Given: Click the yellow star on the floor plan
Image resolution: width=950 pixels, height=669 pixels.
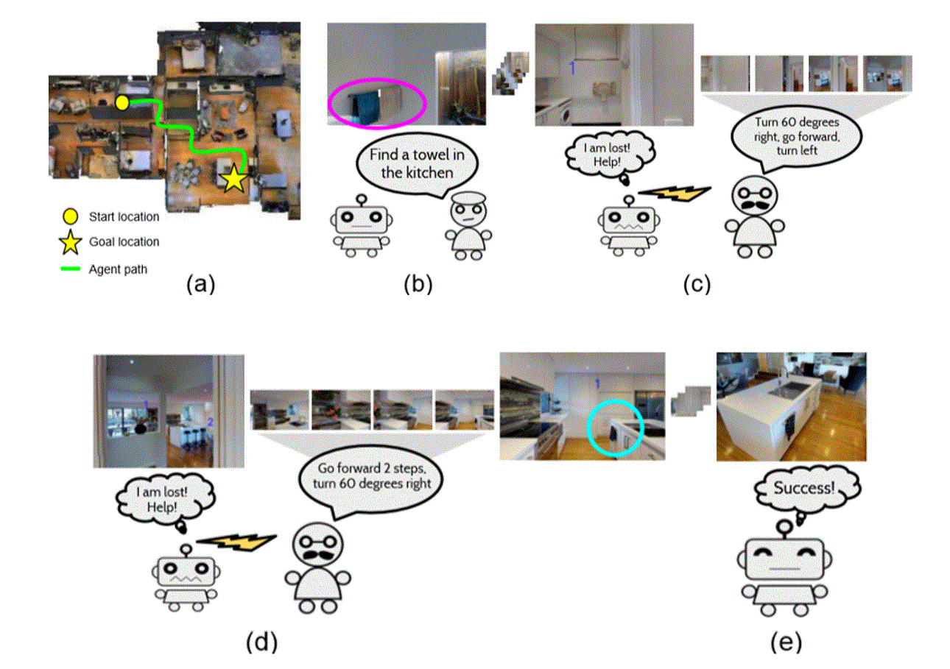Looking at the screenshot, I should click(233, 178).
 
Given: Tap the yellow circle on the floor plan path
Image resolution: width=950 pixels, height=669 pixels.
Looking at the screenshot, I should click(123, 102).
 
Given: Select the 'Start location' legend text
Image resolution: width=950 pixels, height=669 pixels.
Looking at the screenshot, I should click(124, 217).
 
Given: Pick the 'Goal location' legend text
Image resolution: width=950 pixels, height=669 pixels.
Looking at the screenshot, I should click(124, 241).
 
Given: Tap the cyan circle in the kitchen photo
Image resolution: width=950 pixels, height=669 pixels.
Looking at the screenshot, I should click(615, 428).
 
